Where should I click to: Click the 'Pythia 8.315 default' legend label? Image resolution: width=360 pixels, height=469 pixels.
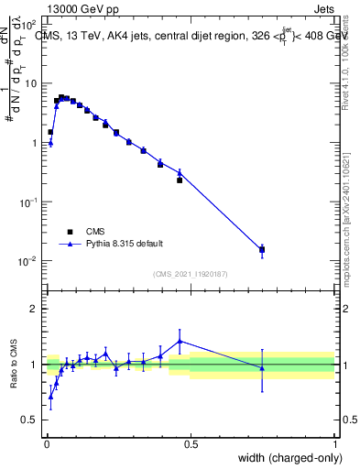125,244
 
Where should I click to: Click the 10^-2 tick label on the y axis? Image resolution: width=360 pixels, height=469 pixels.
27,261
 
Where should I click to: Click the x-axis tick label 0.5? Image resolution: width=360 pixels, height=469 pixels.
191,444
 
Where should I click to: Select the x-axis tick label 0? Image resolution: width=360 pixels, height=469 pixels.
46,444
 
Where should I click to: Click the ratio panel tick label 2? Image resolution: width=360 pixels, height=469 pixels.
35,308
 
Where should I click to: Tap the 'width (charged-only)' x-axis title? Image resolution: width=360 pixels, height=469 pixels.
288,459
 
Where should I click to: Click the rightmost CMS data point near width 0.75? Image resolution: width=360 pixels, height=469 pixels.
262,249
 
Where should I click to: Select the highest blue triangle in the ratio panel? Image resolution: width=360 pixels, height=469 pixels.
180,341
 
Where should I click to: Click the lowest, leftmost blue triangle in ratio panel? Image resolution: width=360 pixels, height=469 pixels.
50,396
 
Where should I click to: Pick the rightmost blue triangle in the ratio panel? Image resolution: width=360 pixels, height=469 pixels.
262,368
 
